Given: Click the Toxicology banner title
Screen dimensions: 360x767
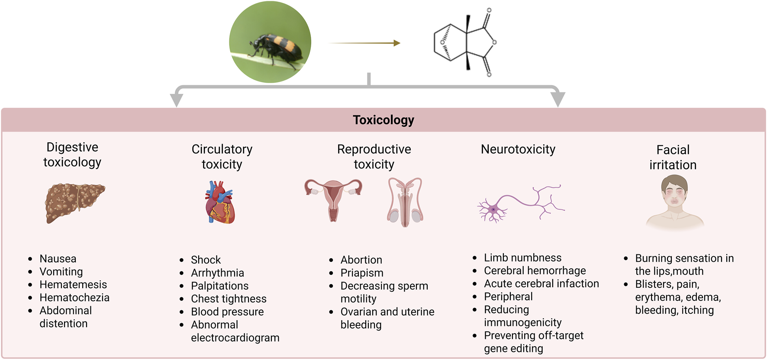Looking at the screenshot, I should pos(383,120).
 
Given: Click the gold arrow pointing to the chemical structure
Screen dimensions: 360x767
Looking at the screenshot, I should pos(364,43).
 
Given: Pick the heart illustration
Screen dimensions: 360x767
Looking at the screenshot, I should pos(220,203).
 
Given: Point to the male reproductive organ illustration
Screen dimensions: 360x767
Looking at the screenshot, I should pos(405,202).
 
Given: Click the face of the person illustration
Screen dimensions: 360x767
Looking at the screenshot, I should pos(674,193).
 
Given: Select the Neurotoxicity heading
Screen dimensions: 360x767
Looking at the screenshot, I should pos(518,149).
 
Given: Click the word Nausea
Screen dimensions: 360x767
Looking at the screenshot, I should pos(58,259).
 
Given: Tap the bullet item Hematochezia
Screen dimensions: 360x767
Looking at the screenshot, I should pos(74,298).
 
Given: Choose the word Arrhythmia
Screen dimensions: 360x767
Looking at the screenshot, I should pos(217,273).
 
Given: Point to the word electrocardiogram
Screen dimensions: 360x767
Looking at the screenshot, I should pos(235,338).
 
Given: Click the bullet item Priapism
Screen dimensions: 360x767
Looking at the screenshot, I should pos(362,273).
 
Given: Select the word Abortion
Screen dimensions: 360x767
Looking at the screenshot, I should pos(361,260).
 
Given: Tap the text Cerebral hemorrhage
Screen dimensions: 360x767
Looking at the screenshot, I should pos(535,271).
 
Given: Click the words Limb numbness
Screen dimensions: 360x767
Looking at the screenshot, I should pos(522,258).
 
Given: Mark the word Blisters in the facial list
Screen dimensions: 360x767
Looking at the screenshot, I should pos(653,284).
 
